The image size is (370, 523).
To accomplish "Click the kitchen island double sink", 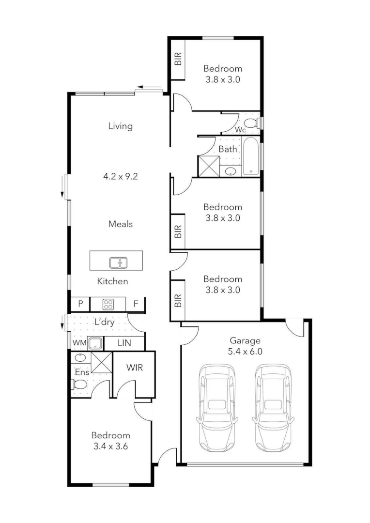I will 118,262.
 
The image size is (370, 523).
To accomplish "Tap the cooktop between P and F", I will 108,304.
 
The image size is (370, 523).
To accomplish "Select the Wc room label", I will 240,130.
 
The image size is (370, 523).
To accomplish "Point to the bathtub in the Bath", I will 250,156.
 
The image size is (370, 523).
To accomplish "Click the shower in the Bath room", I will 209,166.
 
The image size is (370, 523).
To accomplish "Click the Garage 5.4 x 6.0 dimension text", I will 245,352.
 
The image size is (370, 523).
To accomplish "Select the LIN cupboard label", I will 124,343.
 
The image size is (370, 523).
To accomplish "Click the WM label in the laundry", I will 79,343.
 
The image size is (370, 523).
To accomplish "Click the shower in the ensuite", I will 102,361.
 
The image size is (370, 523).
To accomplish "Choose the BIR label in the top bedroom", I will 178,59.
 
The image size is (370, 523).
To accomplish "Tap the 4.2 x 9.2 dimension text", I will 121,177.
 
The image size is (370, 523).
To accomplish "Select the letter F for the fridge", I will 136,304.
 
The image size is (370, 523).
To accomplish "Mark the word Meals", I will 121,224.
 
